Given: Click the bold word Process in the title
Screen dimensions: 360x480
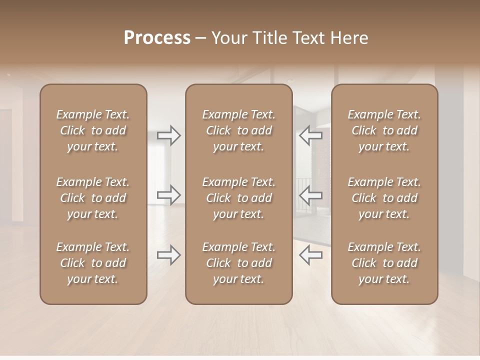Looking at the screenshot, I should tap(157, 38).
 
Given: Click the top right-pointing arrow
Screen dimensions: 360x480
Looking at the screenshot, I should tap(169, 135).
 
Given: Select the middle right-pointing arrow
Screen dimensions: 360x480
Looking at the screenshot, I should tap(169, 194).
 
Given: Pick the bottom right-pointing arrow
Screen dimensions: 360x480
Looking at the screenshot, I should tap(169, 254).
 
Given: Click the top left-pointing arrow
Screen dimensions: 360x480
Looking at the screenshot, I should tap(310, 135).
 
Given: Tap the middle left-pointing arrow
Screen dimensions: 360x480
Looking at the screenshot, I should tap(310, 194).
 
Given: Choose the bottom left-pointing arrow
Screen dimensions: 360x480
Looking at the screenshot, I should tap(310, 254).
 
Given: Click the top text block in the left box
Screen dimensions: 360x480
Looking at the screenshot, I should tap(93, 130).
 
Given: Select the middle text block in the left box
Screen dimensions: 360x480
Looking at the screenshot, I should tap(93, 198).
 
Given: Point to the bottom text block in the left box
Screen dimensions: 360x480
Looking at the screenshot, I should tap(93, 263).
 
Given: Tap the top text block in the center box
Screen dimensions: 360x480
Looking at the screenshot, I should tap(239, 130).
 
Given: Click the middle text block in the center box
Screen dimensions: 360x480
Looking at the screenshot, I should tap(239, 198).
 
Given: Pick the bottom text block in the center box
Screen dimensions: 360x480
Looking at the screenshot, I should tap(239, 263).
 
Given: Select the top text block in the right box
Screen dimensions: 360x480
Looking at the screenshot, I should tap(384, 130).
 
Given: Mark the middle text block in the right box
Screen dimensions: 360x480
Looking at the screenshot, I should tap(384, 198).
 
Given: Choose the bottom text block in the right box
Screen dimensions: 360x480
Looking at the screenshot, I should tap(384, 263).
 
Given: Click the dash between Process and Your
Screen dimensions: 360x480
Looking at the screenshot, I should tap(201, 38).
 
